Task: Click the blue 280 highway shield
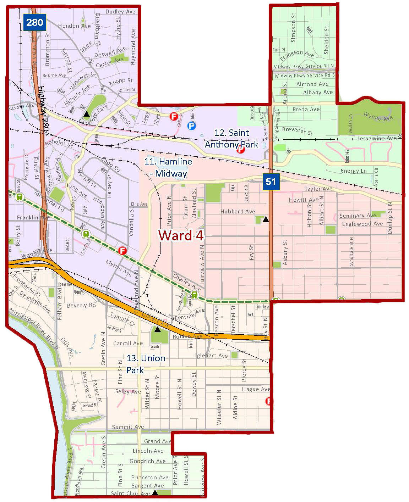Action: [x=34, y=23]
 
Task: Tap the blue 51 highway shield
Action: [x=271, y=182]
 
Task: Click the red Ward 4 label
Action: [x=181, y=235]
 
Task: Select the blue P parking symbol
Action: [x=191, y=125]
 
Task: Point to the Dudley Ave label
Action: [x=120, y=12]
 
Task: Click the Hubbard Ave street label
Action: [x=238, y=212]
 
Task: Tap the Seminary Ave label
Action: [x=358, y=216]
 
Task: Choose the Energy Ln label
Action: [x=354, y=171]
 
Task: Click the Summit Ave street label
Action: [x=128, y=427]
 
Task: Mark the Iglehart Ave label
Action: [x=212, y=356]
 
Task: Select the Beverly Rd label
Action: [x=81, y=305]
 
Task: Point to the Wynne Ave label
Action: [x=378, y=116]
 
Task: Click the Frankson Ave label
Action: [x=297, y=55]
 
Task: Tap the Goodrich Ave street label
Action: [x=147, y=461]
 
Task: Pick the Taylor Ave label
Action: [x=318, y=189]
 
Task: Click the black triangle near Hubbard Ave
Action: [x=266, y=219]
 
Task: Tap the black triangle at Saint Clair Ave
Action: [x=155, y=492]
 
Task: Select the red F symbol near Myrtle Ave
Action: [x=122, y=251]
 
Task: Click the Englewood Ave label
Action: [x=362, y=224]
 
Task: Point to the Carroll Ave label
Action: [x=128, y=343]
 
